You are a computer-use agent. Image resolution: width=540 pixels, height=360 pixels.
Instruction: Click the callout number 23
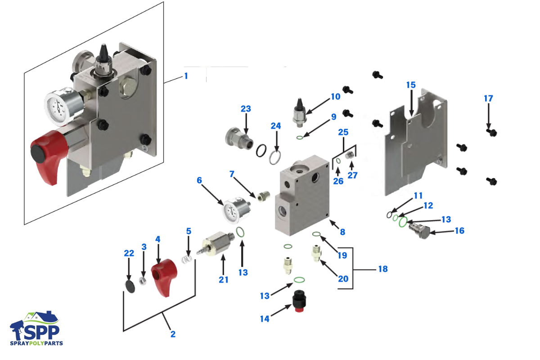click(246, 109)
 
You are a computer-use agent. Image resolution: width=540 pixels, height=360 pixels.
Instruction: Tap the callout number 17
click(488, 98)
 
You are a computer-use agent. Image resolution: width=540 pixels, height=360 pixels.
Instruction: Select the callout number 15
click(411, 85)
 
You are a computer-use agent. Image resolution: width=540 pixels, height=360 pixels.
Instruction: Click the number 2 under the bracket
click(173, 334)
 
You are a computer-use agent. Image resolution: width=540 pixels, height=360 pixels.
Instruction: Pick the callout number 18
click(382, 269)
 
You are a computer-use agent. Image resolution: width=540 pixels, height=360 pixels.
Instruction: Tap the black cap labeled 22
click(129, 286)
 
